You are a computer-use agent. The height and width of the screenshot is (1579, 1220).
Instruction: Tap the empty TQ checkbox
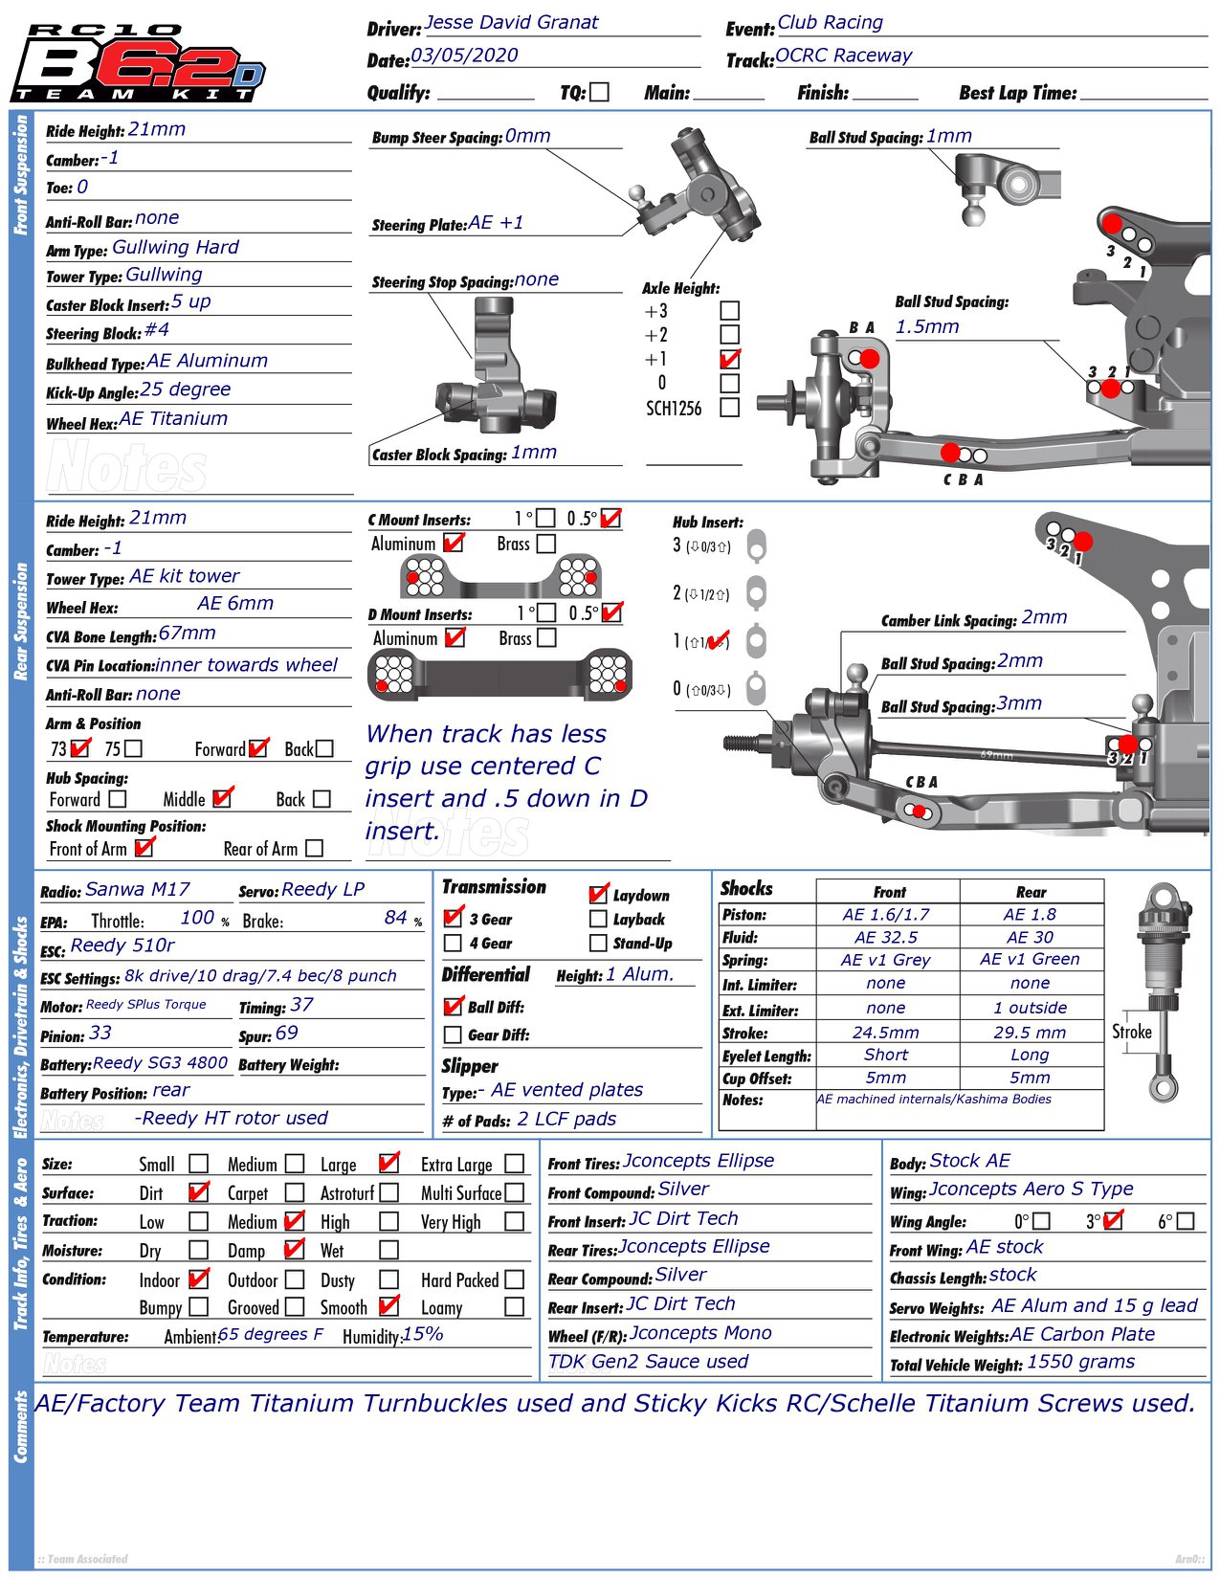coord(599,92)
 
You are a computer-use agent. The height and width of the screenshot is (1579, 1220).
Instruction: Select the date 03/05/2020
coord(464,56)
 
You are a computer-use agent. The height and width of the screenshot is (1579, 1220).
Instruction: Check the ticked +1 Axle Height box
coord(729,360)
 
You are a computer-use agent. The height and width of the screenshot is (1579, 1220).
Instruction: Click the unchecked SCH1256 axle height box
coord(729,408)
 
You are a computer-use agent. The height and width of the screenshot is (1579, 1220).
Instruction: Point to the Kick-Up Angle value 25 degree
coord(185,389)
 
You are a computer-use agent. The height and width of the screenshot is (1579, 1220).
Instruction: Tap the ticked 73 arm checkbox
coord(80,748)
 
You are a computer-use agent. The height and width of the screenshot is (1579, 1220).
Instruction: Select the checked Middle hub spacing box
coord(222,798)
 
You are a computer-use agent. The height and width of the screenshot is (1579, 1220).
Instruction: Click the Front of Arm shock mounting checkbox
coord(144,848)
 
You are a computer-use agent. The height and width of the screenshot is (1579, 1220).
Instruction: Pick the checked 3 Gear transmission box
coord(454,918)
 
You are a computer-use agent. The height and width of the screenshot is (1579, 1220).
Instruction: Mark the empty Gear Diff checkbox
coord(454,1034)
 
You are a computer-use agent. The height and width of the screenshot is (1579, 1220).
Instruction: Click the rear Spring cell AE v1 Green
coord(1030,959)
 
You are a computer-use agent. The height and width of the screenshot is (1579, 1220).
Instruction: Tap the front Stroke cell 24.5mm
coord(885,1033)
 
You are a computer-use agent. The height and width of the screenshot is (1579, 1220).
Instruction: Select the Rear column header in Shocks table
coord(1031,892)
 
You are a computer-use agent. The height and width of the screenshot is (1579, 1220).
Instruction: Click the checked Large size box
coord(388,1164)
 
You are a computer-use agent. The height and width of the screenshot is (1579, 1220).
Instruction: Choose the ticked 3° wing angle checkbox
coord(1112,1221)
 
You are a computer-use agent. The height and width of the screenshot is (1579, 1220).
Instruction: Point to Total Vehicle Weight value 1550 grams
coord(1080,1362)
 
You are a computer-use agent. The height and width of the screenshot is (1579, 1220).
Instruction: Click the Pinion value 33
coord(100,1033)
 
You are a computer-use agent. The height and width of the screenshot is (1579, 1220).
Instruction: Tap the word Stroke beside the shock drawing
coord(1131,1032)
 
